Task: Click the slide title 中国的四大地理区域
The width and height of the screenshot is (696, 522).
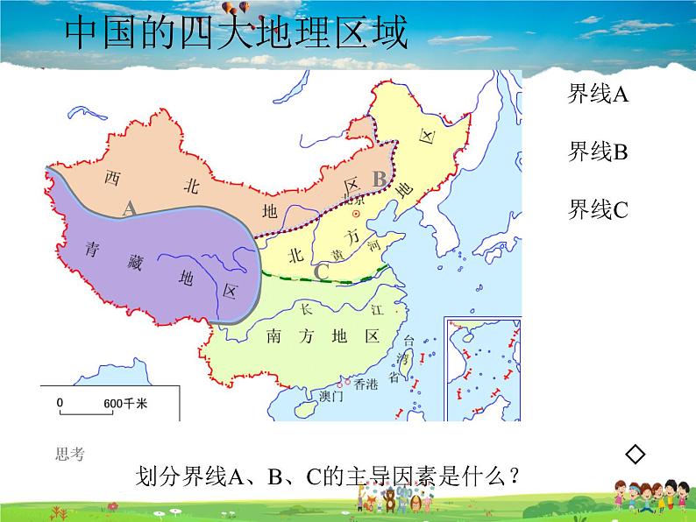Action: click(x=237, y=34)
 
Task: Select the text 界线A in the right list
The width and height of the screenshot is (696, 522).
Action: click(x=599, y=95)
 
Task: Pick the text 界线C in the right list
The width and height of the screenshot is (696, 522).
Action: click(x=599, y=209)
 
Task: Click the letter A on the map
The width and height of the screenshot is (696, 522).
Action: click(x=129, y=208)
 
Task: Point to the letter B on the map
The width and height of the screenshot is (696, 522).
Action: click(x=379, y=179)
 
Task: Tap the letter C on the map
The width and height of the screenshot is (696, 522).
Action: click(x=321, y=272)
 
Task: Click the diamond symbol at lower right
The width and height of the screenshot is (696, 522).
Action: click(x=636, y=453)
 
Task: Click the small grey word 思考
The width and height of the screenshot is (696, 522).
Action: click(x=69, y=453)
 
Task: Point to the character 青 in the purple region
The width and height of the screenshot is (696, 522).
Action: click(x=91, y=248)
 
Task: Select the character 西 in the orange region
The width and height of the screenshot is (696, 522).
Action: click(x=111, y=178)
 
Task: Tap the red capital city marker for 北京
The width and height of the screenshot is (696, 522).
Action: click(x=356, y=214)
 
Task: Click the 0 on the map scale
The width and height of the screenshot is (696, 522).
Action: click(x=60, y=403)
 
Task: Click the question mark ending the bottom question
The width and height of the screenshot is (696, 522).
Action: click(x=515, y=476)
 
